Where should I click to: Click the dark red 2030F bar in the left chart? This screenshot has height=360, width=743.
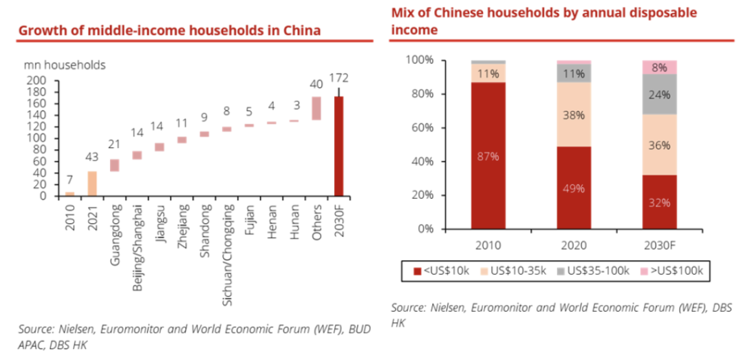pyautogui.click(x=338, y=146)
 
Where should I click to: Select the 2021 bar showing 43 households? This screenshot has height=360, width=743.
pyautogui.click(x=91, y=184)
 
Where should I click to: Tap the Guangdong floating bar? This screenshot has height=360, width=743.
pyautogui.click(x=114, y=165)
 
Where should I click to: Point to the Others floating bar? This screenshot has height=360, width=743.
pyautogui.click(x=316, y=108)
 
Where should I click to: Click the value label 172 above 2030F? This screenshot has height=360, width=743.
pyautogui.click(x=338, y=76)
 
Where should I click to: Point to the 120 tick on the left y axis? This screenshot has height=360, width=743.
pyautogui.click(x=36, y=127)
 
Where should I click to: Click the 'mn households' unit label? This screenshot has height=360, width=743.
pyautogui.click(x=65, y=65)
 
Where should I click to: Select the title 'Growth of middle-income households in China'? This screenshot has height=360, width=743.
pyautogui.click(x=169, y=30)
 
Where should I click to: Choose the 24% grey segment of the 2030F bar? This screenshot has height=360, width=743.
pyautogui.click(x=659, y=94)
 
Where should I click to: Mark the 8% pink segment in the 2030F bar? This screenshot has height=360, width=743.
pyautogui.click(x=659, y=67)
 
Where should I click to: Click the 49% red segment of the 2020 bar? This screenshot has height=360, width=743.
pyautogui.click(x=574, y=187)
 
